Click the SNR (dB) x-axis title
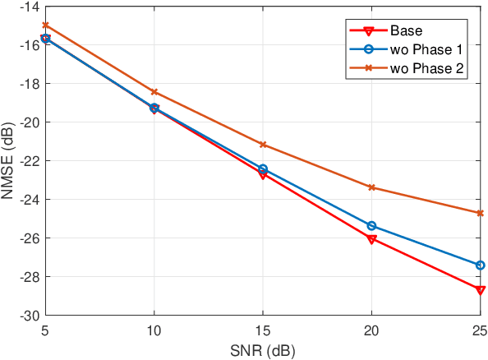click(x=263, y=350)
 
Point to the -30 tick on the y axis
click(x=30, y=316)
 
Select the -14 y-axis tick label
click(x=30, y=7)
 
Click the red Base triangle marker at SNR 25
click(x=481, y=290)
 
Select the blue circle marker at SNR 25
click(x=481, y=265)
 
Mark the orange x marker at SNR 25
click(x=481, y=213)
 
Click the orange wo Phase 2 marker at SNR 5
click(x=45, y=25)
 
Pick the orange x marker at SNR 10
click(x=154, y=92)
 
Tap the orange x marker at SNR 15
click(x=263, y=145)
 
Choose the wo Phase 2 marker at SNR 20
click(x=372, y=187)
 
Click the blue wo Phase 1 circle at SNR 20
click(x=372, y=226)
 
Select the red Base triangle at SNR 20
click(x=372, y=239)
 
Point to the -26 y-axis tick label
click(x=30, y=238)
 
